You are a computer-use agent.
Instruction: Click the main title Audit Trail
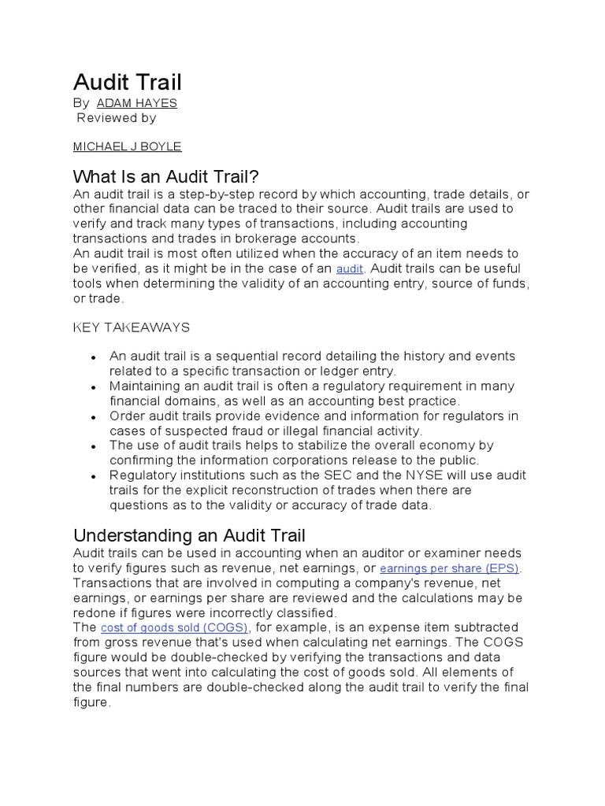click(128, 82)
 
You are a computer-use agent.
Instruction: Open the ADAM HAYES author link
click(136, 103)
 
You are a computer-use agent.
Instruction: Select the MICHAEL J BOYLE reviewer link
click(127, 146)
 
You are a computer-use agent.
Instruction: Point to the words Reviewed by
click(117, 118)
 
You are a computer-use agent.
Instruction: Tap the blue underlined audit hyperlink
click(349, 269)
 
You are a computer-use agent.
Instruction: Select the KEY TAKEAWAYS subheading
click(132, 327)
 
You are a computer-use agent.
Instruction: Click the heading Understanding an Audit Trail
click(189, 536)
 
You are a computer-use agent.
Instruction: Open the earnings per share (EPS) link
click(450, 568)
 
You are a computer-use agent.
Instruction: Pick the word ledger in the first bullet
click(332, 371)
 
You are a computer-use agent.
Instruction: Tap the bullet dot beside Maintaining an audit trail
click(94, 387)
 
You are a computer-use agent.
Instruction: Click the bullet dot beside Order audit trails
click(94, 417)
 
